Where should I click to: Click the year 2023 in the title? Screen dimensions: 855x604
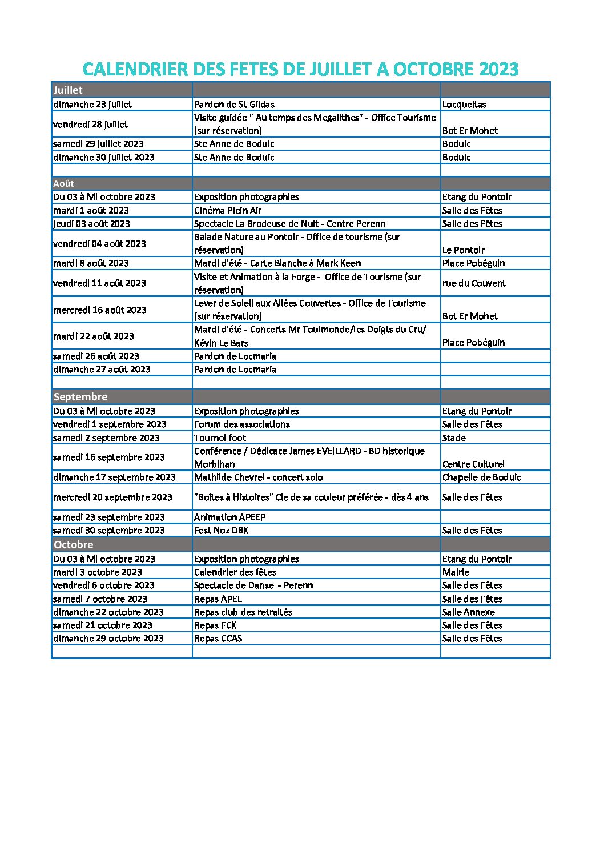pyautogui.click(x=498, y=70)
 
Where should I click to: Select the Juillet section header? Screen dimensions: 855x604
pyautogui.click(x=68, y=90)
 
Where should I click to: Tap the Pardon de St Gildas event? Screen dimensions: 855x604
pyautogui.click(x=234, y=105)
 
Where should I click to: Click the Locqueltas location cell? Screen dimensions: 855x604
pyautogui.click(x=464, y=105)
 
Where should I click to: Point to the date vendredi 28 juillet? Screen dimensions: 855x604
pyautogui.click(x=90, y=125)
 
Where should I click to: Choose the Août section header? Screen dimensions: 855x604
pyautogui.click(x=64, y=184)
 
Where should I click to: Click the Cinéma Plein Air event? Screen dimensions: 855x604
pyautogui.click(x=228, y=211)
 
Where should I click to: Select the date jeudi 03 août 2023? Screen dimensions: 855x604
pyautogui.click(x=91, y=224)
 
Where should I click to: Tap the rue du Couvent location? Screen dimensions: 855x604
pyautogui.click(x=474, y=283)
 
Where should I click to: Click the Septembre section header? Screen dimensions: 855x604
pyautogui.click(x=80, y=397)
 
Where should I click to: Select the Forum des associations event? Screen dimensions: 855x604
pyautogui.click(x=241, y=424)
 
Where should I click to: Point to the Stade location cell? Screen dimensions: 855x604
pyautogui.click(x=454, y=438)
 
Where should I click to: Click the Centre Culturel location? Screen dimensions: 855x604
pyautogui.click(x=473, y=464)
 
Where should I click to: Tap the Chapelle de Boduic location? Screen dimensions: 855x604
pyautogui.click(x=481, y=477)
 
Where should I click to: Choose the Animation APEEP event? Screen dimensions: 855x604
pyautogui.click(x=229, y=517)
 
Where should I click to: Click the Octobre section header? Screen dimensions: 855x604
pyautogui.click(x=74, y=545)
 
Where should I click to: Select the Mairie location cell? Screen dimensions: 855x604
pyautogui.click(x=456, y=572)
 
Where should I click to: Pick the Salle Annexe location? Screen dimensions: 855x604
pyautogui.click(x=468, y=612)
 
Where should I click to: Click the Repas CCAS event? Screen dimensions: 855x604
pyautogui.click(x=218, y=639)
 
